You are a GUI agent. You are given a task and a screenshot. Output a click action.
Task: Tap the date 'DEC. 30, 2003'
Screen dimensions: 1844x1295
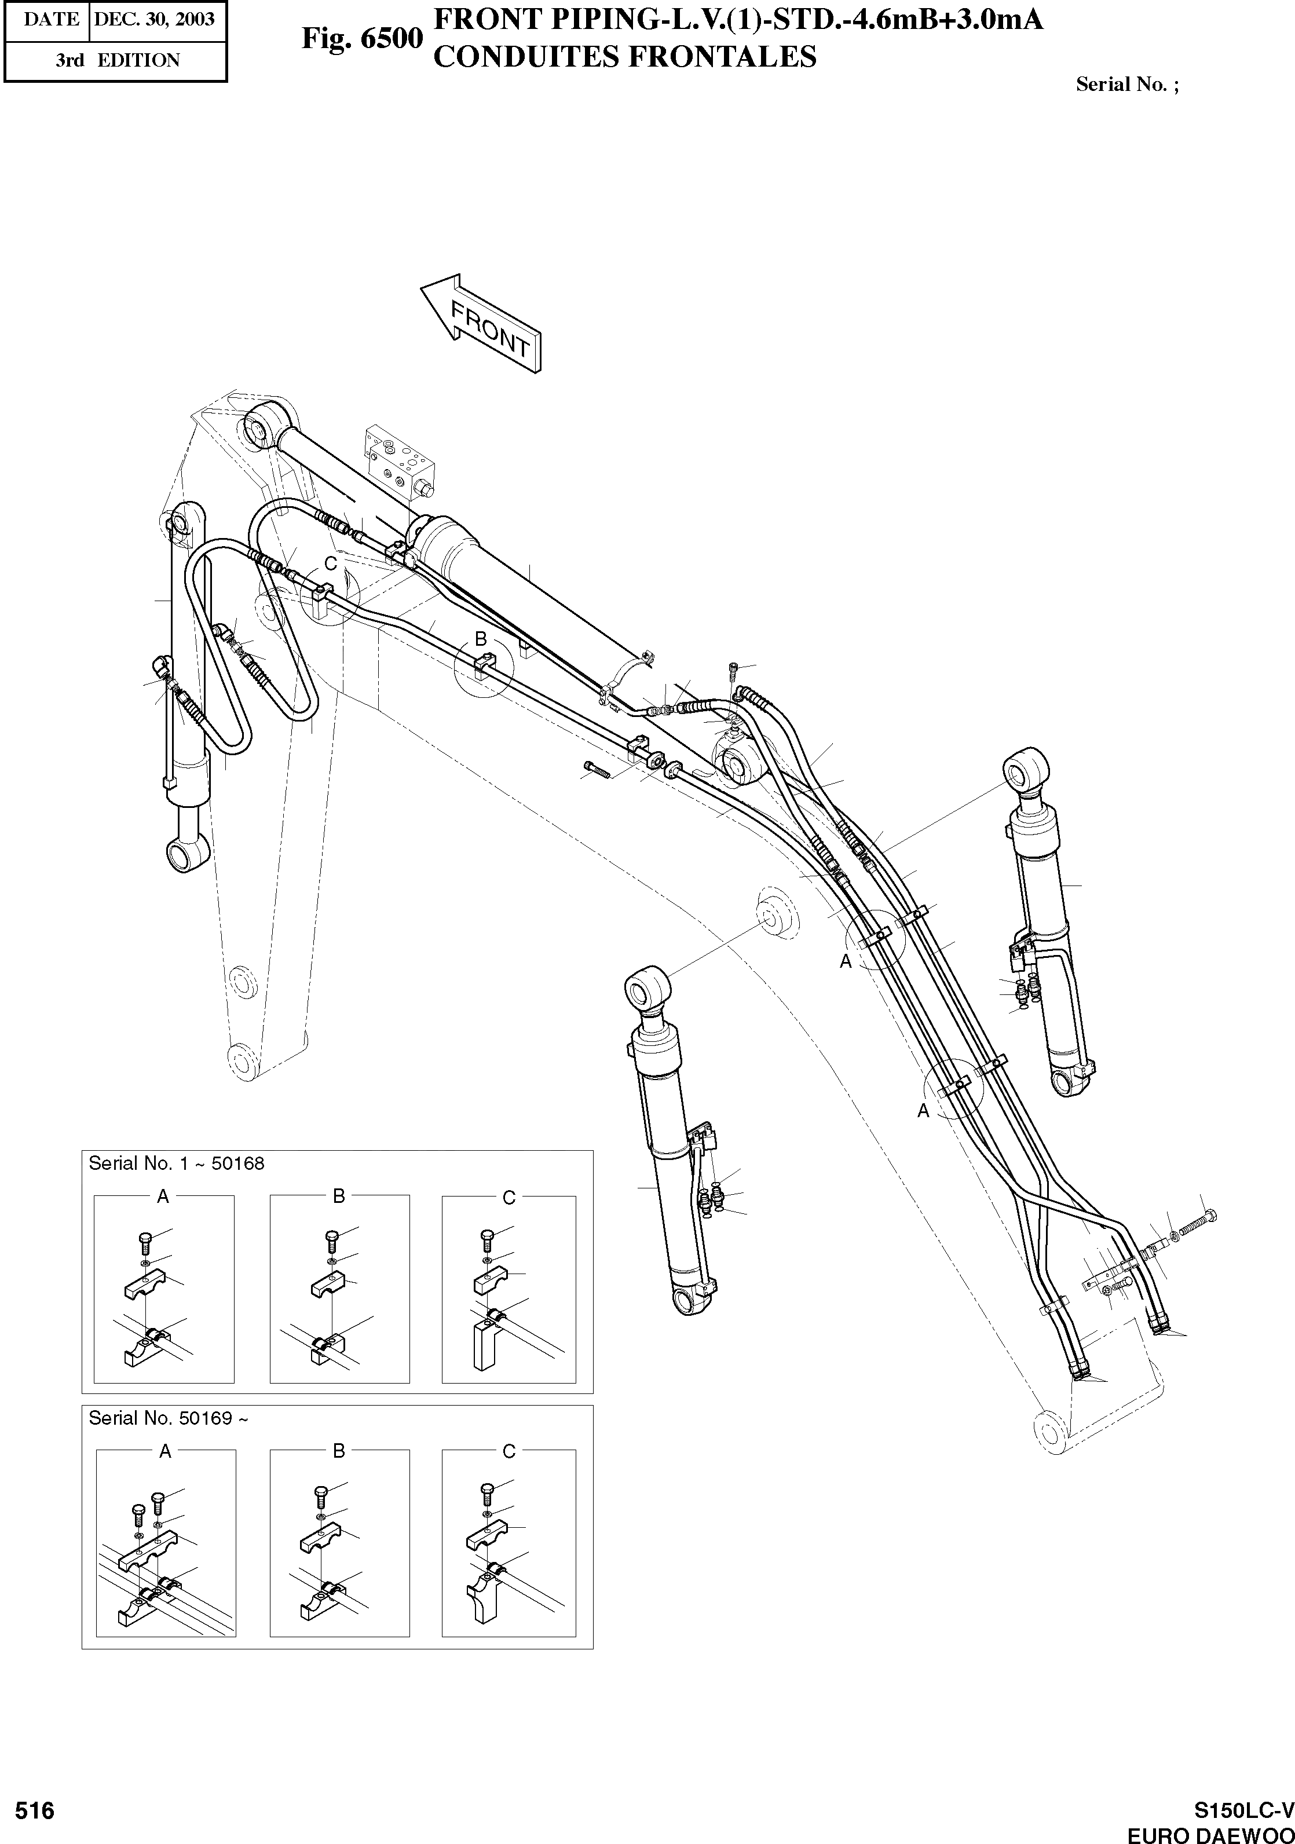[x=154, y=19]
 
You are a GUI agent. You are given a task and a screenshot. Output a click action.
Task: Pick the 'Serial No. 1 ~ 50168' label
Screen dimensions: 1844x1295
[x=176, y=1164]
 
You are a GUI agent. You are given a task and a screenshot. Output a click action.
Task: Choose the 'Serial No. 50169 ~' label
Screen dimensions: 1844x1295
[x=168, y=1418]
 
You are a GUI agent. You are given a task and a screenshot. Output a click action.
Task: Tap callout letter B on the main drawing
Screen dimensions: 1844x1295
[x=480, y=638]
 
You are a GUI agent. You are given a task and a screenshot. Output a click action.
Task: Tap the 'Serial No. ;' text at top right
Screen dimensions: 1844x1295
[x=1127, y=85]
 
